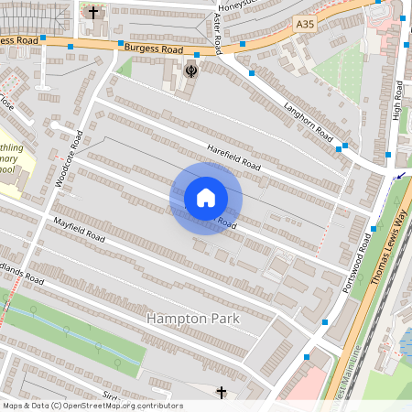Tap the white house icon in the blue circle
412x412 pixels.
(x=205, y=198)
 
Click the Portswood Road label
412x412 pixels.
(x=353, y=263)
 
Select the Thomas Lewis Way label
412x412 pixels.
(x=387, y=248)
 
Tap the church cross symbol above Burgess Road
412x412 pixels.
(x=92, y=13)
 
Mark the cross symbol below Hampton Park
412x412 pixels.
(x=221, y=393)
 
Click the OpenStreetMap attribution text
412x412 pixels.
(x=92, y=406)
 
